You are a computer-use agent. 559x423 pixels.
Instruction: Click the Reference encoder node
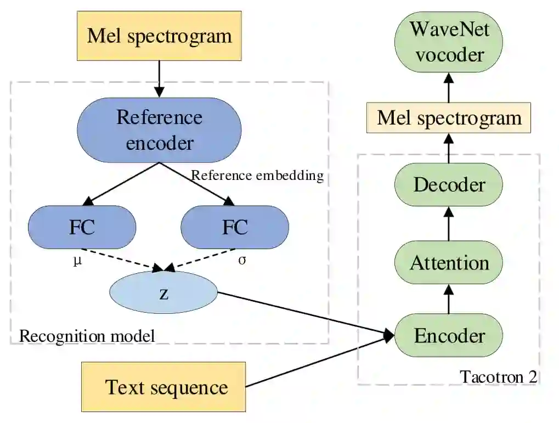tap(159, 130)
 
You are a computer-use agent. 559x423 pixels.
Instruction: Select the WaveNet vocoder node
tap(449, 42)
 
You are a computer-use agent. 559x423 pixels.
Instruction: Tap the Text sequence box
tap(163, 387)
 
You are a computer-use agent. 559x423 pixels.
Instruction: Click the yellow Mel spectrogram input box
tap(159, 36)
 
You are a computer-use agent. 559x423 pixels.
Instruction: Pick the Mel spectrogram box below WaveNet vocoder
tap(449, 118)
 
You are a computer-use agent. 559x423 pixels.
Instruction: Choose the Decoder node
tap(449, 185)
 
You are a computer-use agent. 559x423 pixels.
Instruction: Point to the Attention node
tap(449, 262)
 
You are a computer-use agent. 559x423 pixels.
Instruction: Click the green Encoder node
tap(449, 335)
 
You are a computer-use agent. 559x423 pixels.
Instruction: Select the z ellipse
tap(163, 292)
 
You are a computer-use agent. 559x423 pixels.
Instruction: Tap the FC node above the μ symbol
tap(82, 227)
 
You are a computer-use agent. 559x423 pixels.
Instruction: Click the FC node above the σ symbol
tap(235, 227)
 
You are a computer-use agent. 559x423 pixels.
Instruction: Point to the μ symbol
tap(77, 261)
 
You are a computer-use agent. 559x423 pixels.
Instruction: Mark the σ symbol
tap(242, 260)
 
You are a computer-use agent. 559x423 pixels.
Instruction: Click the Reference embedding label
tap(257, 176)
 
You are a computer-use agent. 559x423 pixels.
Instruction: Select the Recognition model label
tap(87, 336)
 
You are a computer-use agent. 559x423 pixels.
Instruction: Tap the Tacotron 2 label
tap(499, 376)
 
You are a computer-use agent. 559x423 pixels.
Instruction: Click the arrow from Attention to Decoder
tap(449, 224)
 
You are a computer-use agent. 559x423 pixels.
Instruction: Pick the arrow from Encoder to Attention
tap(449, 299)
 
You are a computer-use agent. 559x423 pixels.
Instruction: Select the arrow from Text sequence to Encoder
tap(320, 361)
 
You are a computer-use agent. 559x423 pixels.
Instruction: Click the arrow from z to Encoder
tap(306, 314)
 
